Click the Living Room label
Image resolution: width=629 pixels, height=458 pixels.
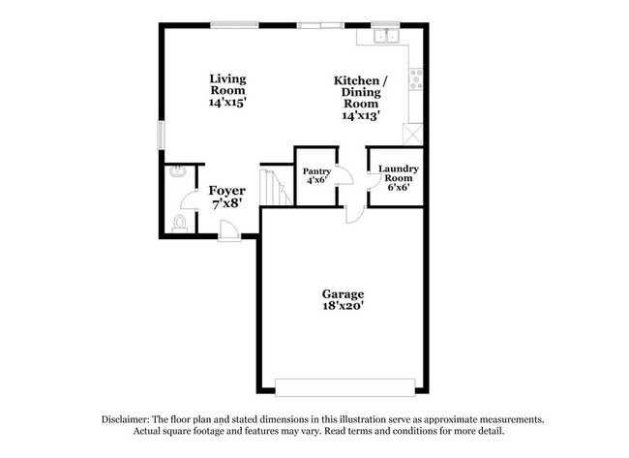(x=228, y=84)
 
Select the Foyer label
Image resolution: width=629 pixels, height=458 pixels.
(x=227, y=191)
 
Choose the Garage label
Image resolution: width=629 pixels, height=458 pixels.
(x=343, y=293)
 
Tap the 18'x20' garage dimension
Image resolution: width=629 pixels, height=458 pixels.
(x=343, y=306)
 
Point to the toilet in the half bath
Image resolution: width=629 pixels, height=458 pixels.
(x=179, y=223)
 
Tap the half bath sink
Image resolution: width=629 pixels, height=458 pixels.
(x=177, y=171)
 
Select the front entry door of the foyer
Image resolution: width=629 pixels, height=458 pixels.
(x=229, y=230)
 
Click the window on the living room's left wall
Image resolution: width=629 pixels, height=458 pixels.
(x=162, y=136)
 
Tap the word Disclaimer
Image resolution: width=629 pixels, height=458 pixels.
(x=129, y=419)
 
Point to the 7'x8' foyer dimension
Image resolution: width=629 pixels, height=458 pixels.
(x=226, y=204)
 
